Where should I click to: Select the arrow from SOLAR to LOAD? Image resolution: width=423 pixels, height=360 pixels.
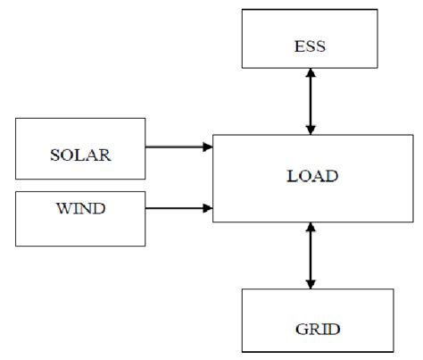click(x=178, y=147)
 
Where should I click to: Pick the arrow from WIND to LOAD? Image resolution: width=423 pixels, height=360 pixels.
click(x=178, y=209)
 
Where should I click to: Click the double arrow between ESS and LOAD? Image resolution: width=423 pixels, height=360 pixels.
click(x=311, y=103)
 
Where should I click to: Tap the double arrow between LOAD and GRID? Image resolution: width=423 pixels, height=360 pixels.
click(x=311, y=256)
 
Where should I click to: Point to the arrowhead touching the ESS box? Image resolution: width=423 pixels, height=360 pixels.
click(x=311, y=74)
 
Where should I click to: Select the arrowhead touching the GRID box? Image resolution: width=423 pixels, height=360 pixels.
click(x=311, y=283)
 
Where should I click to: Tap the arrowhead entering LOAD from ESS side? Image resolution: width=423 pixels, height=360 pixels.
click(x=311, y=130)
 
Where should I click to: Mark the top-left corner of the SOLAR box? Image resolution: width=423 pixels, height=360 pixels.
click(x=16, y=119)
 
